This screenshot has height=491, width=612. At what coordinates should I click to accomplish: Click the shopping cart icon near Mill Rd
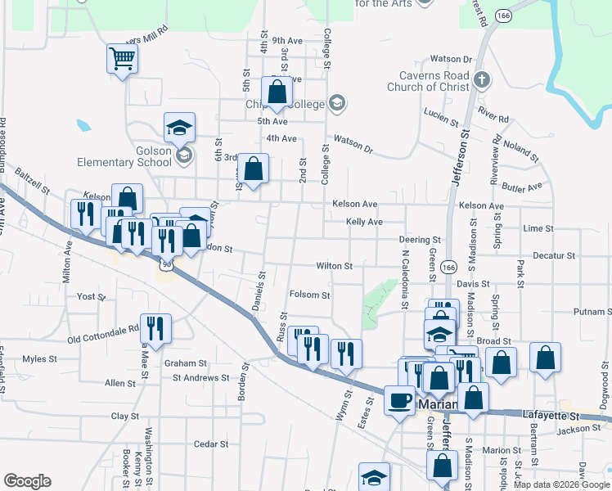click(x=121, y=58)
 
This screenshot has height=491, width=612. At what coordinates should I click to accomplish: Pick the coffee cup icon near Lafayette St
click(x=399, y=400)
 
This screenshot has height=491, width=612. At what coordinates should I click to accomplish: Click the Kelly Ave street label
click(x=364, y=222)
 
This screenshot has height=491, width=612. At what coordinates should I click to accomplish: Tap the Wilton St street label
click(x=335, y=266)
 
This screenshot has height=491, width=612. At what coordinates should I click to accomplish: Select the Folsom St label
click(x=310, y=295)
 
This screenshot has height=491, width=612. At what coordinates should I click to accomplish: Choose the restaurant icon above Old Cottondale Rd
click(x=155, y=328)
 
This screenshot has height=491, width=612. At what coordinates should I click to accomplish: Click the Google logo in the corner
click(x=27, y=481)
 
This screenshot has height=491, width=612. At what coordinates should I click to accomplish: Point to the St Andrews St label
click(x=200, y=378)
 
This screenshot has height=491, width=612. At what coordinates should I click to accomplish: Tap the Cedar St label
click(x=211, y=444)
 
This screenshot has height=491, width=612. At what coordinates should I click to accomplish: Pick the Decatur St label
click(x=554, y=255)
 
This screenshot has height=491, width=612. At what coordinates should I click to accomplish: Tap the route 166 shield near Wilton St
click(x=448, y=268)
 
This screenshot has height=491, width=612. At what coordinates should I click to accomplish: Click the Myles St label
click(x=39, y=358)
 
